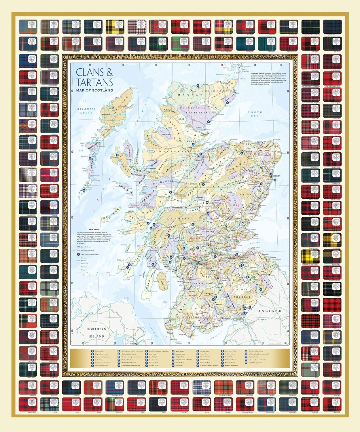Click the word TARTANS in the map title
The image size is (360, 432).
(94, 82)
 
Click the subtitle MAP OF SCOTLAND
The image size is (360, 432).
(94, 90)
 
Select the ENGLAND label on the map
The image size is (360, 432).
(270, 311)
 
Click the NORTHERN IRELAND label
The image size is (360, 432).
(96, 333)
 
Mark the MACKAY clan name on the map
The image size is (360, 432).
(186, 94)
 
